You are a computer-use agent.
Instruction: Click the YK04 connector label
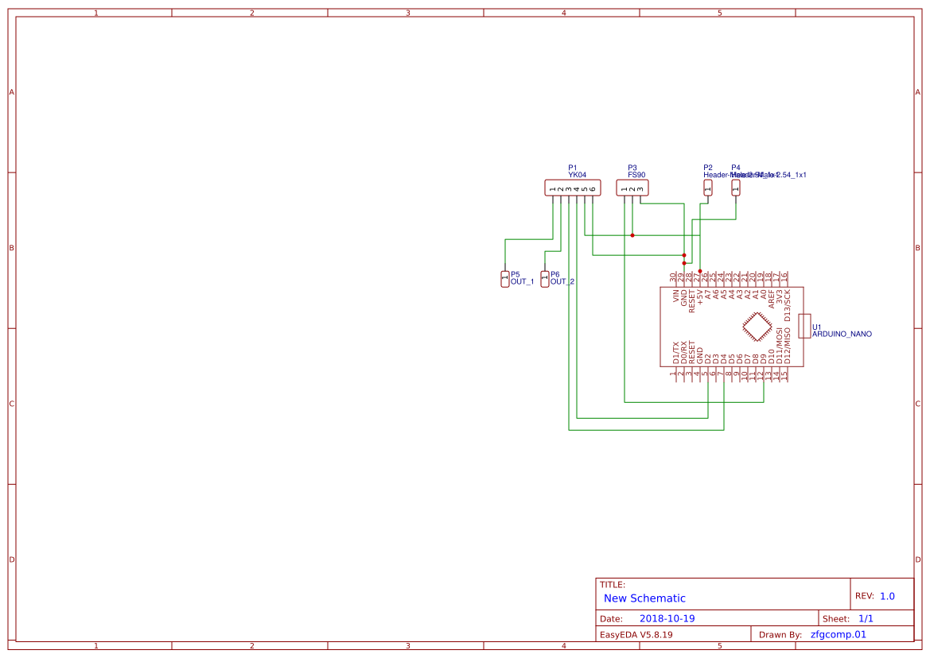pos(577,175)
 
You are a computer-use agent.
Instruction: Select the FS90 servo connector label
pos(636,175)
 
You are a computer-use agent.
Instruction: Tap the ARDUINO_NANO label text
pos(842,335)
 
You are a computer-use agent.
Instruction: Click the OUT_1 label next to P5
pos(522,282)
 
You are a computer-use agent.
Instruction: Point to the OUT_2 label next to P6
pos(562,282)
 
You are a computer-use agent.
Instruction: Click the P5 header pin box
pos(504,278)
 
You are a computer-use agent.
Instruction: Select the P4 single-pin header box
pos(736,188)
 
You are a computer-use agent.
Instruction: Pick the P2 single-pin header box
pos(708,188)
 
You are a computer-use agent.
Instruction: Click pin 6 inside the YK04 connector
pos(593,188)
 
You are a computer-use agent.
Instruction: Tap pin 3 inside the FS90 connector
pos(640,188)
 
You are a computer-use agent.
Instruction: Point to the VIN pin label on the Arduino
pos(676,299)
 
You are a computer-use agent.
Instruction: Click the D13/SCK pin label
pos(788,305)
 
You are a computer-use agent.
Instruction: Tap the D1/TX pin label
pos(676,353)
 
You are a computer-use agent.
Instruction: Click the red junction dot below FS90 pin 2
pos(632,235)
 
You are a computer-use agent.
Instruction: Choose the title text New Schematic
pos(644,598)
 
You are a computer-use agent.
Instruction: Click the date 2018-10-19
pos(667,618)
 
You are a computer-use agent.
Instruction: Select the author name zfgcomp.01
pos(838,634)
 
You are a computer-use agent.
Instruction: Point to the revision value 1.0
pos(887,596)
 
